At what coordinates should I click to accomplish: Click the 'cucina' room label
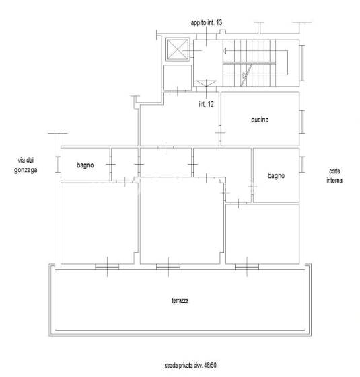(x=260, y=120)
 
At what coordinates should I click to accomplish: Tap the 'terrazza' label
(x=180, y=300)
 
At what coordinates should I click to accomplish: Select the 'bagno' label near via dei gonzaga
(x=85, y=165)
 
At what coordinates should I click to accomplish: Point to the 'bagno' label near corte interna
(x=276, y=176)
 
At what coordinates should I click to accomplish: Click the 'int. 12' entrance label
(x=206, y=104)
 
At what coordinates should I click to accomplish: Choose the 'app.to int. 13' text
(x=207, y=23)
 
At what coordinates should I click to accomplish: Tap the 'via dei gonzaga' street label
(x=26, y=165)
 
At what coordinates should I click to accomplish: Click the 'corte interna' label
(x=334, y=176)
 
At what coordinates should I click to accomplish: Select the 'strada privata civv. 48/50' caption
(x=190, y=365)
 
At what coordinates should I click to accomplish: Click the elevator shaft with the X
(x=178, y=49)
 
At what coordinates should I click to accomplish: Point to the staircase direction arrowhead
(x=225, y=50)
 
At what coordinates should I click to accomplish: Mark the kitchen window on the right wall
(x=302, y=122)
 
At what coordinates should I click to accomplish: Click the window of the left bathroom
(x=58, y=164)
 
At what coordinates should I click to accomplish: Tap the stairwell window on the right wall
(x=302, y=63)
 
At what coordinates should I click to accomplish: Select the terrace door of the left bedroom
(x=107, y=267)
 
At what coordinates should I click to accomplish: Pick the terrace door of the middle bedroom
(x=168, y=267)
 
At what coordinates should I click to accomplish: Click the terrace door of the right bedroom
(x=247, y=267)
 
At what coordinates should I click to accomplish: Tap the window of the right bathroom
(x=302, y=164)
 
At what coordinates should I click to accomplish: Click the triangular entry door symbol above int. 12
(x=206, y=83)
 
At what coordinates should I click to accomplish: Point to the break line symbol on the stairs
(x=246, y=75)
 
